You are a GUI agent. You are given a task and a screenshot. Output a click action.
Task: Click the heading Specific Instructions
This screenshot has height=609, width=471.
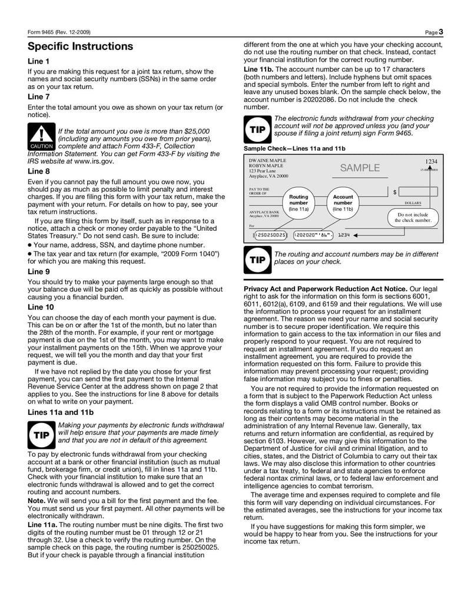pyautogui.click(x=81, y=46)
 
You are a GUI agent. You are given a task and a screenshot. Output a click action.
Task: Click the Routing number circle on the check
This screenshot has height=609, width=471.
pyautogui.click(x=299, y=202)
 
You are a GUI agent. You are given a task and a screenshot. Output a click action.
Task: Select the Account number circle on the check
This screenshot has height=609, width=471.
pyautogui.click(x=343, y=202)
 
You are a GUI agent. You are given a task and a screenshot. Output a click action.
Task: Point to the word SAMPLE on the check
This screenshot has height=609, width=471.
pyautogui.click(x=360, y=168)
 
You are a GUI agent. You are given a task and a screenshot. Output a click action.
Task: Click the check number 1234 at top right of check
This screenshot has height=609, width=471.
pyautogui.click(x=432, y=161)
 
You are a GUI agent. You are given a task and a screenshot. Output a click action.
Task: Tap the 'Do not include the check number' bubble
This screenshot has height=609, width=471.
pyautogui.click(x=413, y=217)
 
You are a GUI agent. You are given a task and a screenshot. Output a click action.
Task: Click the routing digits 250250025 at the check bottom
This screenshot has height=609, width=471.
pyautogui.click(x=271, y=235)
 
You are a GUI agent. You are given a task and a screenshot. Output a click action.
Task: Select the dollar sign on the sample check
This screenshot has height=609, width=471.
pyautogui.click(x=394, y=192)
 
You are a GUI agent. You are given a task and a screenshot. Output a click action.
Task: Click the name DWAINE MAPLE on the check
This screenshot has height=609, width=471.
pyautogui.click(x=267, y=161)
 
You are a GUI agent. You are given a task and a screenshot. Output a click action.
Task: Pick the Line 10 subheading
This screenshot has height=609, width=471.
pyautogui.click(x=41, y=307)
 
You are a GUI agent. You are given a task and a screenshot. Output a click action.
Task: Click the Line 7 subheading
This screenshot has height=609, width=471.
pyautogui.click(x=39, y=96)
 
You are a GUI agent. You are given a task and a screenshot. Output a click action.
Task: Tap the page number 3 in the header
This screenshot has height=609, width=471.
pyautogui.click(x=440, y=31)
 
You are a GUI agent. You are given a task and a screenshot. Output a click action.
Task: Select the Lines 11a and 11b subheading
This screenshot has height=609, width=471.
pyautogui.click(x=61, y=412)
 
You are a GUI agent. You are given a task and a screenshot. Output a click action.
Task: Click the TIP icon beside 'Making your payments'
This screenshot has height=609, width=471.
pyautogui.click(x=41, y=435)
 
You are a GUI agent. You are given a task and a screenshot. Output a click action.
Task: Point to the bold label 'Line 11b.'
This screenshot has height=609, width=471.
pyautogui.click(x=258, y=69)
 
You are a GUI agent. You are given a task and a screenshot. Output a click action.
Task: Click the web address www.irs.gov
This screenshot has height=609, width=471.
pyautogui.click(x=94, y=161)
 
